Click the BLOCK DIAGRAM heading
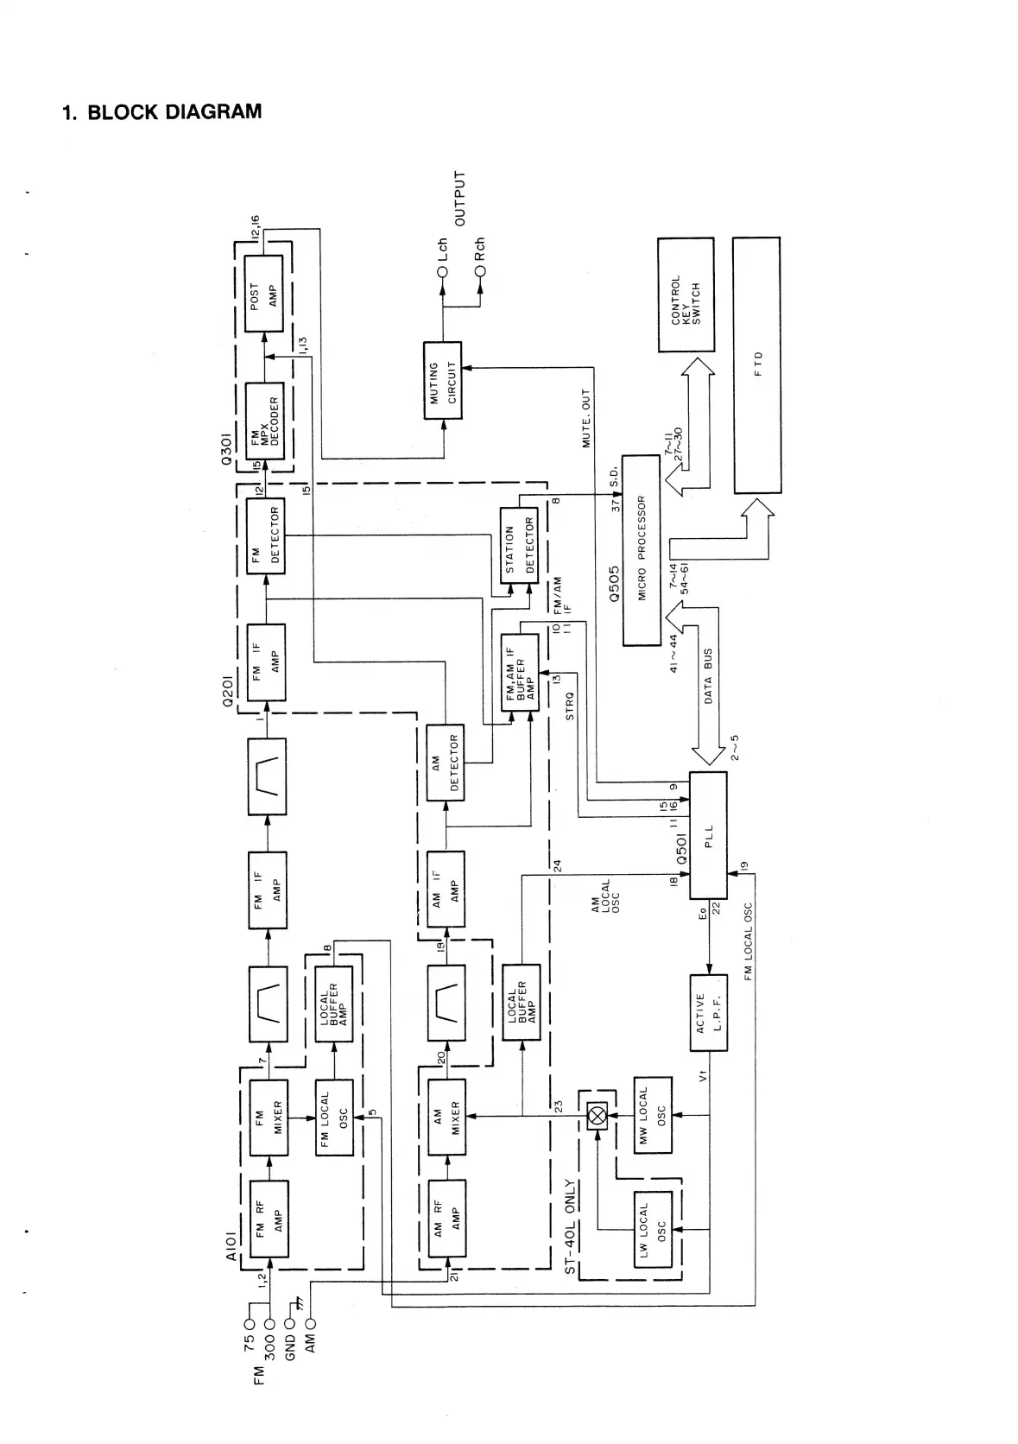pyautogui.click(x=161, y=112)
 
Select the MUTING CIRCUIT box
pyautogui.click(x=442, y=381)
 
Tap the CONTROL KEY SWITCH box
pyautogui.click(x=686, y=294)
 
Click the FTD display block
pyautogui.click(x=756, y=365)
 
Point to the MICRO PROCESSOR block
pyautogui.click(x=641, y=550)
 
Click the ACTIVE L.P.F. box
pyautogui.click(x=708, y=1012)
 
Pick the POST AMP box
pyautogui.click(x=263, y=293)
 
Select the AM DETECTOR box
pyautogui.click(x=446, y=763)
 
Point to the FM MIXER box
pyautogui.click(x=269, y=1117)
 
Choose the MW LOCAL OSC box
pyautogui.click(x=653, y=1114)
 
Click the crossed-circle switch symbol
pyautogui.click(x=597, y=1115)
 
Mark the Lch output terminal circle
pyautogui.click(x=442, y=272)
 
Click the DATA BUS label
pyautogui.click(x=708, y=677)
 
